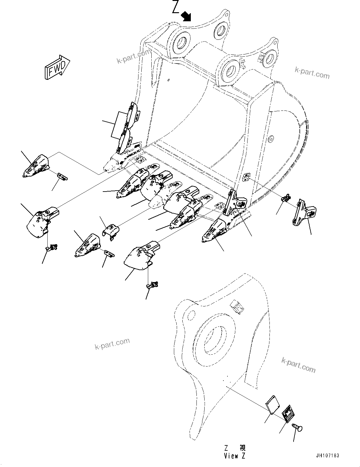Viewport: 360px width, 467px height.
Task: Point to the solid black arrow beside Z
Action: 187,15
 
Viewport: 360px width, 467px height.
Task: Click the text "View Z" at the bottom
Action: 235,456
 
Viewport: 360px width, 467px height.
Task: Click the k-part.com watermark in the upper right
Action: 312,73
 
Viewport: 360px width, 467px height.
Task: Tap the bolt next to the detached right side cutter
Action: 285,198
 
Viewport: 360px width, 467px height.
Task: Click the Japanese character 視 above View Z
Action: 242,448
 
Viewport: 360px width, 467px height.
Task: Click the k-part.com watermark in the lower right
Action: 298,365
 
